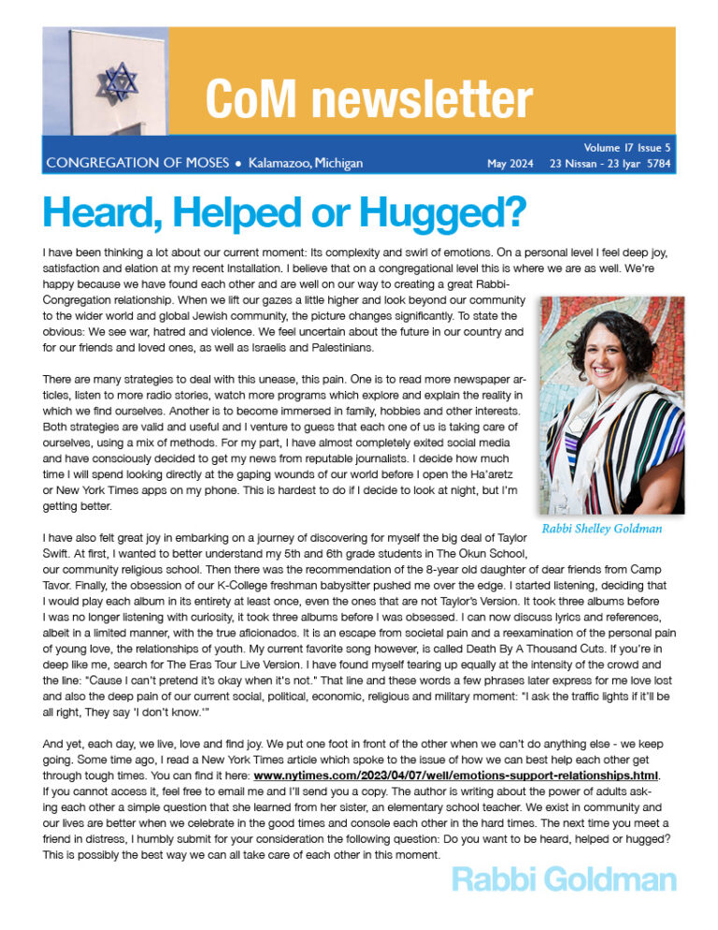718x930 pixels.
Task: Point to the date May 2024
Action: pos(510,165)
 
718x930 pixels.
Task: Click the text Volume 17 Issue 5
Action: pos(627,147)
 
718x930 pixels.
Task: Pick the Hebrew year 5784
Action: pos(653,165)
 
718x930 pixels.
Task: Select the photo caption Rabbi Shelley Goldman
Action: pos(603,529)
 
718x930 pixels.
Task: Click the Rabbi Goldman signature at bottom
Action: pos(563,880)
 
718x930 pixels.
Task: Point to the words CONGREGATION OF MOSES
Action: pos(136,164)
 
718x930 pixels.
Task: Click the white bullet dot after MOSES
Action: pos(239,165)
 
